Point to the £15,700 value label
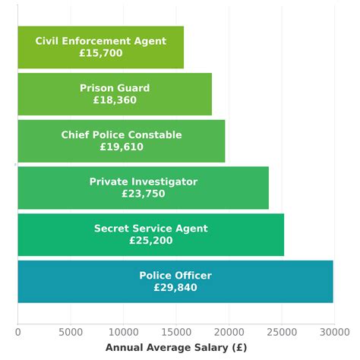pyautogui.click(x=100, y=54)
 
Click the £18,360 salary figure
pyautogui.click(x=115, y=100)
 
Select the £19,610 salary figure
pyautogui.click(x=122, y=147)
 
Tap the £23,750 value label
pyautogui.click(x=143, y=194)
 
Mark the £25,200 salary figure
pyautogui.click(x=150, y=241)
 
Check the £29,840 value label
pyautogui.click(x=175, y=288)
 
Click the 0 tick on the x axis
pyautogui.click(x=18, y=331)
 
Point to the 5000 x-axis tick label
pyautogui.click(x=71, y=331)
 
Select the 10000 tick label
pyautogui.click(x=123, y=331)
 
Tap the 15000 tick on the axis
pyautogui.click(x=176, y=331)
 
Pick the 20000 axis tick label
pyautogui.click(x=229, y=331)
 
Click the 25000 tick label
pyautogui.click(x=282, y=331)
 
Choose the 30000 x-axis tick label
pyautogui.click(x=334, y=331)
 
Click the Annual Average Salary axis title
pyautogui.click(x=175, y=347)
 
